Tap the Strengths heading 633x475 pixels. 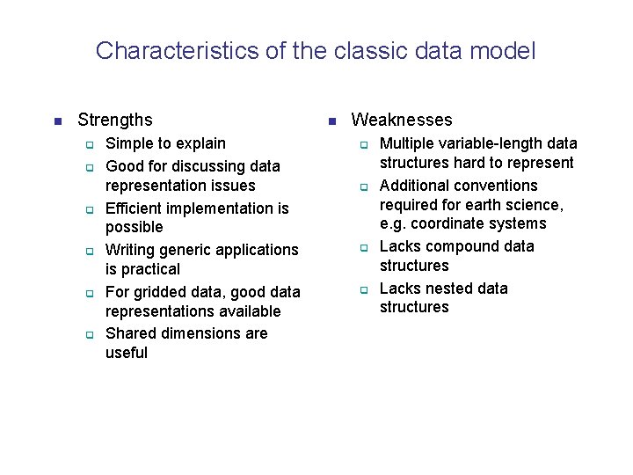pos(115,121)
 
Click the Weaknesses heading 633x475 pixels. pos(402,121)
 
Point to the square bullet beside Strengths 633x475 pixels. pos(57,121)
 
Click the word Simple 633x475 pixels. pos(128,143)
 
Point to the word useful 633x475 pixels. pos(127,353)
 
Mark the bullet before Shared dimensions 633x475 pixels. pos(89,334)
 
